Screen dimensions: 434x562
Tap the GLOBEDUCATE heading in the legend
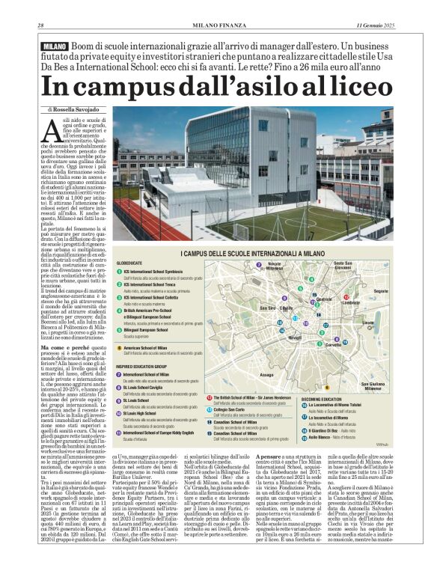[x=131, y=264]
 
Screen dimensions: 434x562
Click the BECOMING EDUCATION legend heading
[x=323, y=399]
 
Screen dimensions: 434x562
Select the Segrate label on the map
[x=380, y=290]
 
